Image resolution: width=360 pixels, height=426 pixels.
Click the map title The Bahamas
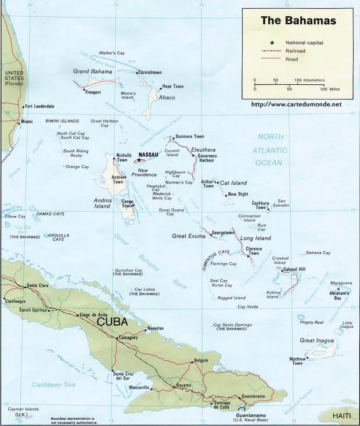click(x=298, y=21)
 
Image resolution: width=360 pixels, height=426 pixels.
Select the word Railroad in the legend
click(x=297, y=51)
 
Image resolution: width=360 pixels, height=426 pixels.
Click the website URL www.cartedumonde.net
click(x=296, y=104)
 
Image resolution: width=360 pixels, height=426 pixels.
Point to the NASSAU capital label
click(x=149, y=155)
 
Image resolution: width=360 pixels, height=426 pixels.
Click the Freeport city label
click(x=93, y=92)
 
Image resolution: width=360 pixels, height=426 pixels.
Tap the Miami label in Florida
click(x=27, y=121)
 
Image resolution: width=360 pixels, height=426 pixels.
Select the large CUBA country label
click(x=113, y=321)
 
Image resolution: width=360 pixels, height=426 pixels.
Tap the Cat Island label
click(x=233, y=183)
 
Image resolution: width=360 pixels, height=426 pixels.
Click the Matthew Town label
click(x=297, y=361)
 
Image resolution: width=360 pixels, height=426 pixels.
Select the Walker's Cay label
click(x=113, y=53)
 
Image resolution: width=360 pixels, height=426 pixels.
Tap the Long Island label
click(x=255, y=238)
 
